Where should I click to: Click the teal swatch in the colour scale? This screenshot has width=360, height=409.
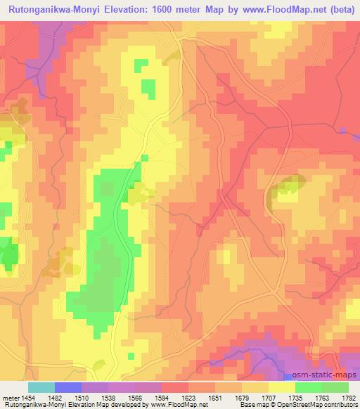pos(41,387)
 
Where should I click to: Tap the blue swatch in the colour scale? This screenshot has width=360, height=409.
pos(67,387)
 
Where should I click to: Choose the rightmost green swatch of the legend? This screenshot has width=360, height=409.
pos(335,387)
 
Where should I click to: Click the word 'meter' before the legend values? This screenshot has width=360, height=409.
pos(10,396)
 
